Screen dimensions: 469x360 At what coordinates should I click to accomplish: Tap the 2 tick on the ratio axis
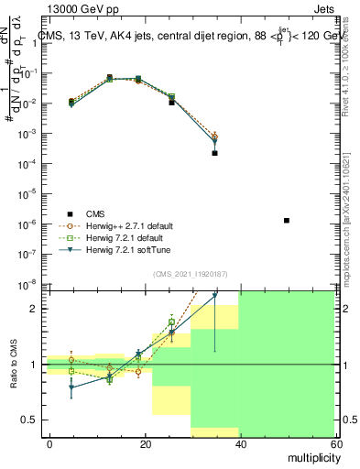37,309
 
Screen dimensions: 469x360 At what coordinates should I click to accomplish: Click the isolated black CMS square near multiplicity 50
287,221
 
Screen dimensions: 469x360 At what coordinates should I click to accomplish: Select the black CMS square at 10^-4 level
214,153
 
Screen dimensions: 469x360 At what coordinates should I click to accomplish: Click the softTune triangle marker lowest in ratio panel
72,387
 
